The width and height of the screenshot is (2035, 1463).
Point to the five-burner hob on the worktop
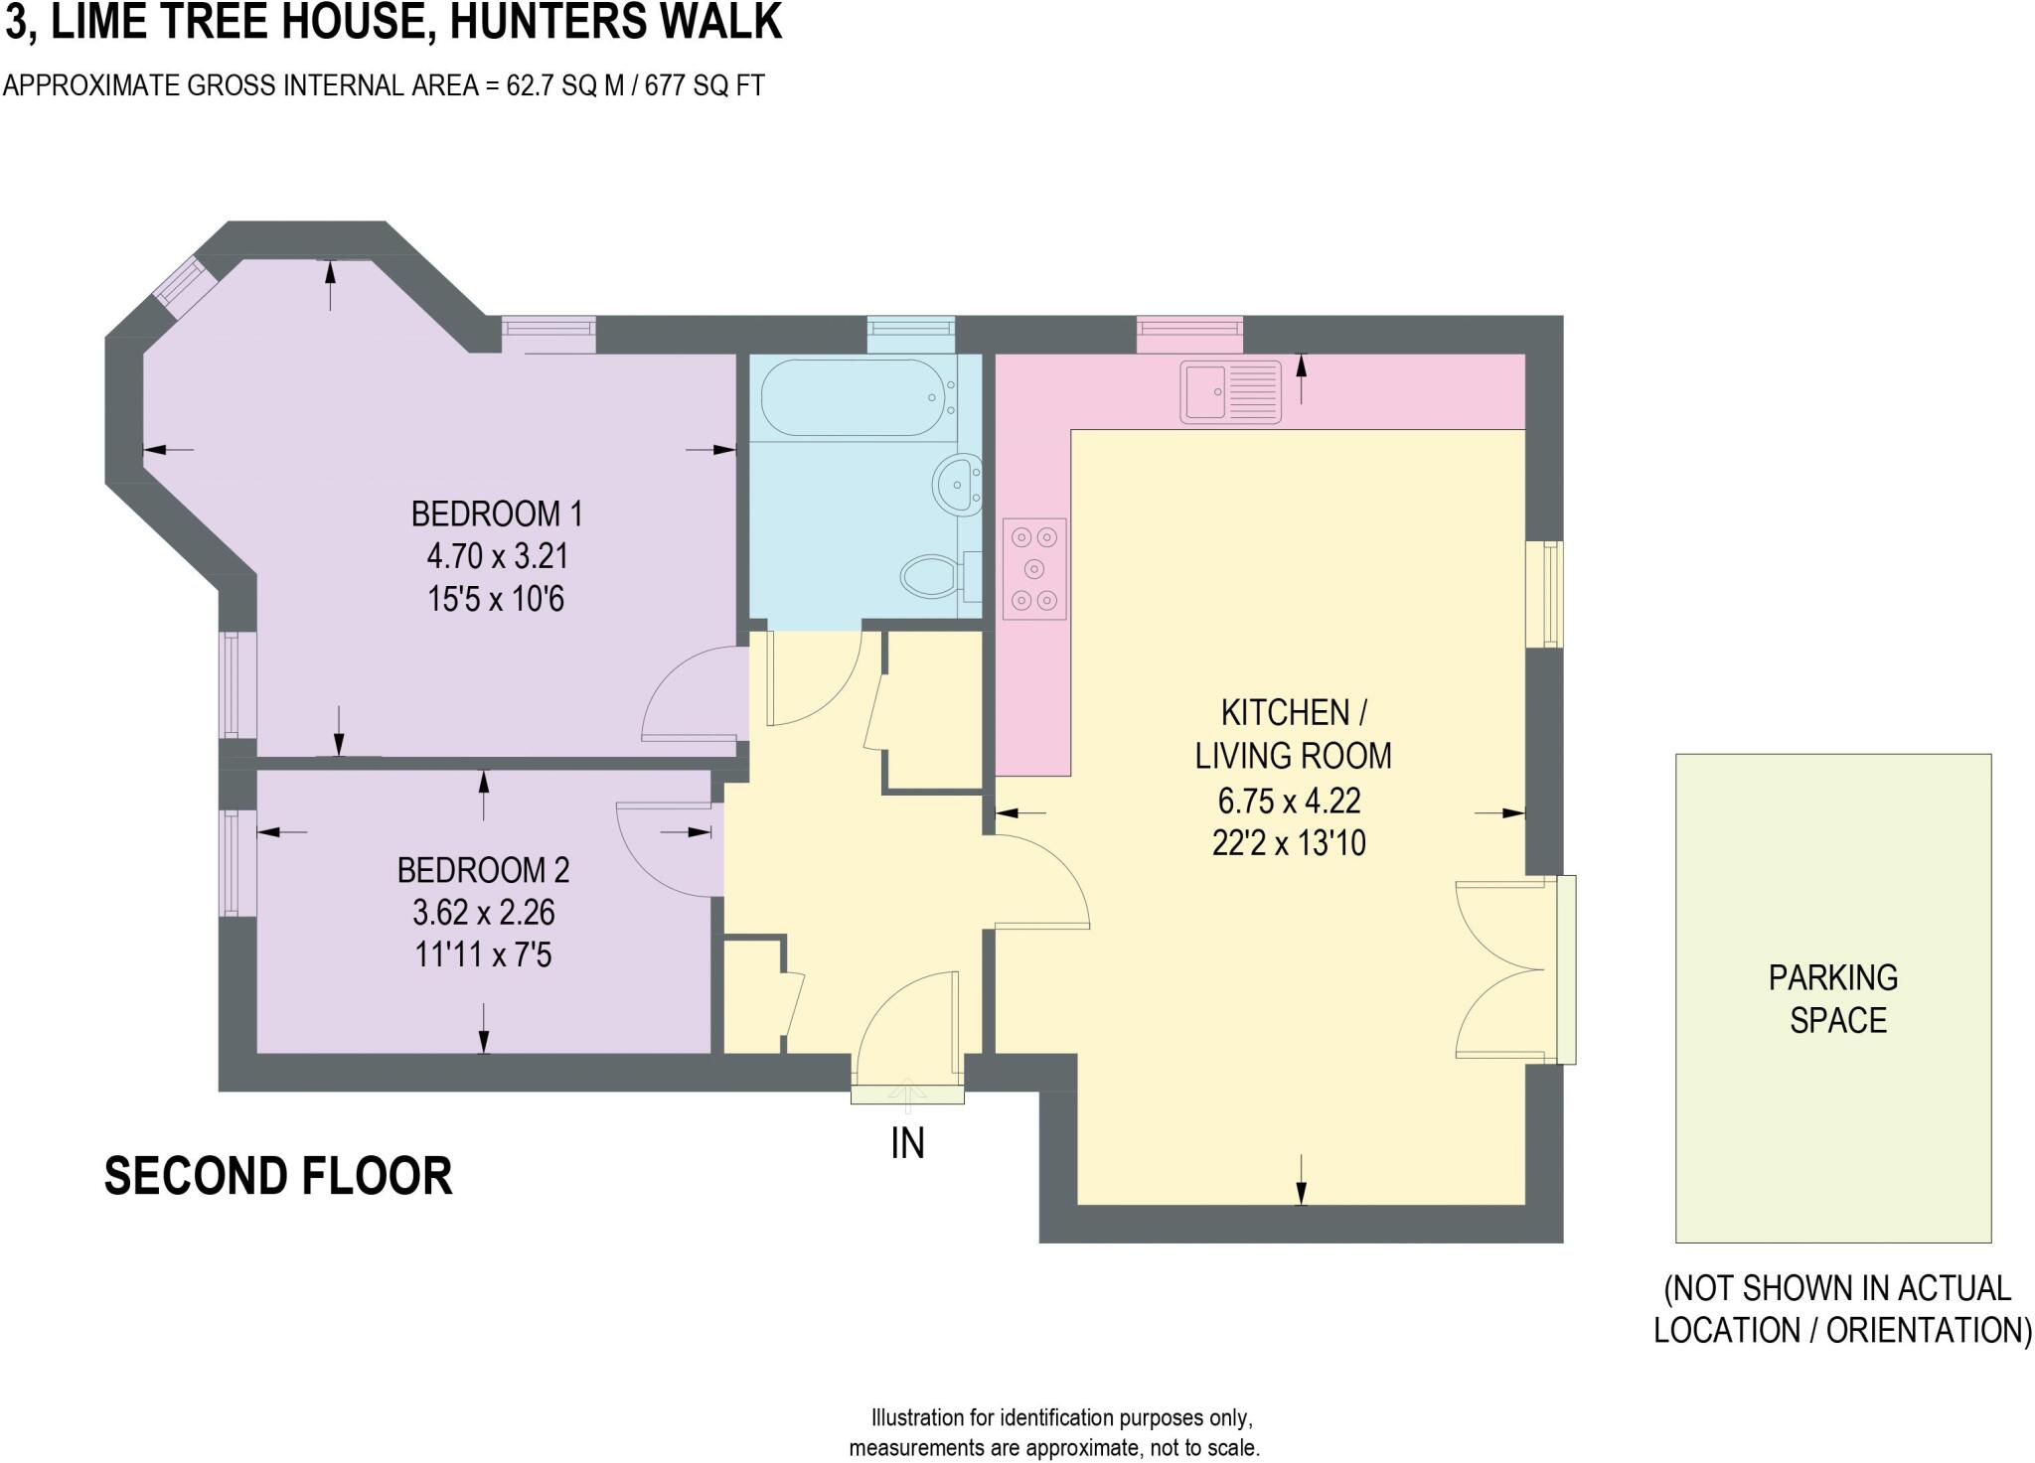coord(1034,569)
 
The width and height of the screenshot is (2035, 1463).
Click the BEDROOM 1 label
coord(497,514)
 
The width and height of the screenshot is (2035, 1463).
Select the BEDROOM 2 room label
coord(484,870)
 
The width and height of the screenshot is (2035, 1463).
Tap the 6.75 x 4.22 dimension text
coord(1290,800)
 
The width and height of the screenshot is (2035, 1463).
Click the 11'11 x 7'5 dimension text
coord(484,955)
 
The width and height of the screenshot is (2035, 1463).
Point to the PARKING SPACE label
coord(1834,999)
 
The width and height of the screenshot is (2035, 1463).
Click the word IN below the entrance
coord(908,1144)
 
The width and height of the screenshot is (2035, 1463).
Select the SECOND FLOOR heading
coord(278,1176)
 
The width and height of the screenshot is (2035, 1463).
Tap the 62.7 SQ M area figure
coord(565,86)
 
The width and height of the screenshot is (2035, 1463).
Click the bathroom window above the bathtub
coord(911,335)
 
